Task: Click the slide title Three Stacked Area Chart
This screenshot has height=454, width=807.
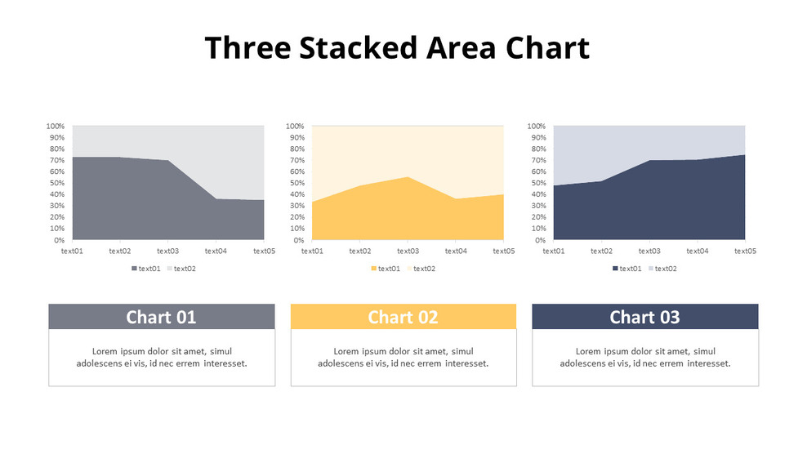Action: pos(397,48)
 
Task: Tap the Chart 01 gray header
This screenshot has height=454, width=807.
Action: pos(161,317)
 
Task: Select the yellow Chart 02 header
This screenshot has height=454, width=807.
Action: pos(403,317)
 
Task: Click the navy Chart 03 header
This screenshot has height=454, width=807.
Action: pos(644,317)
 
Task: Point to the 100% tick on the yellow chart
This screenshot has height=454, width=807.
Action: pos(295,127)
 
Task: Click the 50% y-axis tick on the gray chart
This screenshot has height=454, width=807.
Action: pos(56,184)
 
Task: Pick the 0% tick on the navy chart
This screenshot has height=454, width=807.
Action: pos(539,241)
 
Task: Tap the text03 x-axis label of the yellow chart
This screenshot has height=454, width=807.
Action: pos(408,251)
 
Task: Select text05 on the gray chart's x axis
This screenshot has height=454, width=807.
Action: pos(264,251)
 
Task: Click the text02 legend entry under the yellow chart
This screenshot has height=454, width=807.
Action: pos(424,269)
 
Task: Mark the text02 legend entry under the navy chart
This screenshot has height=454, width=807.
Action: pos(665,269)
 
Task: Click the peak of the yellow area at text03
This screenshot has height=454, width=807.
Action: pos(408,177)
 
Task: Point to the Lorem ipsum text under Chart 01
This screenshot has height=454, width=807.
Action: pos(161,358)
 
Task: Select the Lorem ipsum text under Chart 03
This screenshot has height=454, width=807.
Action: pos(644,358)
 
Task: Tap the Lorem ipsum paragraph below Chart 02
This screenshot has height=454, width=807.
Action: pos(403,358)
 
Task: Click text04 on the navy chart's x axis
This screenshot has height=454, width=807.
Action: pos(697,251)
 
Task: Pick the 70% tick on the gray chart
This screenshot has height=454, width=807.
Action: pos(56,161)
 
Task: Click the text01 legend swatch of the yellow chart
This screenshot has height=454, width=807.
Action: pos(374,269)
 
